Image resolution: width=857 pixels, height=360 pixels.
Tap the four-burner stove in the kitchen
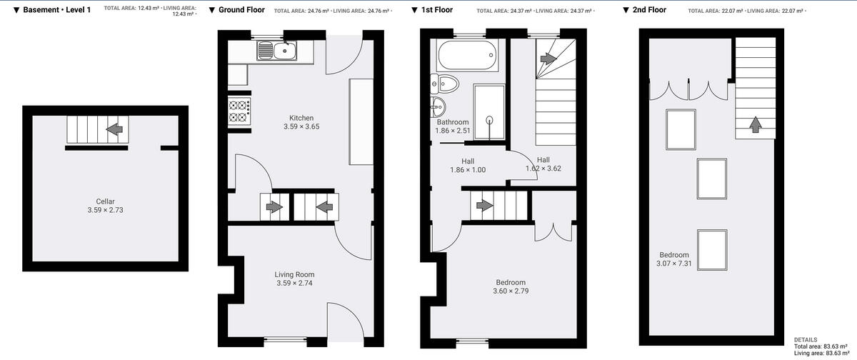click(239, 111)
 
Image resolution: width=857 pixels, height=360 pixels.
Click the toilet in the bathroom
click(444, 85)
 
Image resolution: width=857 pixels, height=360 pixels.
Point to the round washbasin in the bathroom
click(438, 109)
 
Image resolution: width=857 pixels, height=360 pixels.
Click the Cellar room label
click(105, 206)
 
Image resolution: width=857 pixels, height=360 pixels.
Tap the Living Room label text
click(294, 279)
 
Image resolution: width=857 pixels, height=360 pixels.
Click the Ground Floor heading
click(236, 10)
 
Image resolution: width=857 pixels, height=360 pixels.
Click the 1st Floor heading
click(437, 10)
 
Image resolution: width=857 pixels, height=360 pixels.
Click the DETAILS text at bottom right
click(806, 340)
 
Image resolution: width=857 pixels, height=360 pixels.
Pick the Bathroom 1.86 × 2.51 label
click(453, 126)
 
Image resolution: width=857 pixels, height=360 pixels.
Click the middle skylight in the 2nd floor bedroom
click(711, 177)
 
